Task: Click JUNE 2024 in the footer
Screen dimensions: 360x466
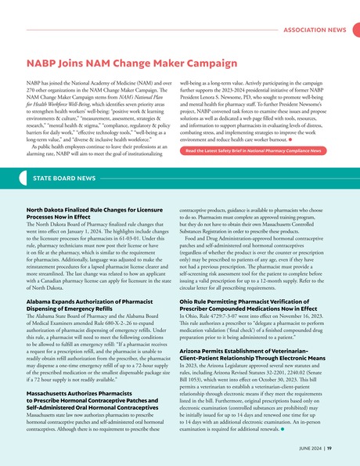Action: [x=310, y=449]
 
